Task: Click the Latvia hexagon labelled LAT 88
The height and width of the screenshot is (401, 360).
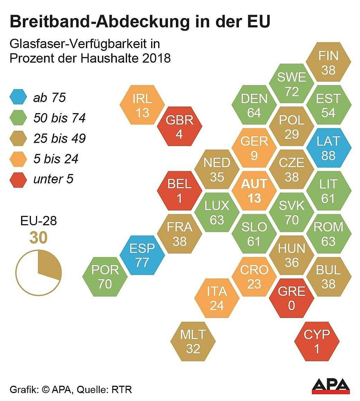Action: (x=328, y=148)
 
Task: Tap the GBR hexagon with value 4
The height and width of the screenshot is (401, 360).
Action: (x=179, y=127)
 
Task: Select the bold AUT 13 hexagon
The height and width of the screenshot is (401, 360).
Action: (x=254, y=191)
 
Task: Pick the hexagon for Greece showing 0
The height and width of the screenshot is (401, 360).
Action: (x=291, y=298)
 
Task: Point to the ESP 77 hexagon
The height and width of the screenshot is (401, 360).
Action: (x=142, y=255)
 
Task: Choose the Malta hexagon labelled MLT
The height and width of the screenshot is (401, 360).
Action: (x=193, y=341)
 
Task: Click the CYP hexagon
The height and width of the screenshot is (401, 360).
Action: (x=317, y=341)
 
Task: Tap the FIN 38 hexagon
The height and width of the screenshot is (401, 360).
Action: (x=328, y=62)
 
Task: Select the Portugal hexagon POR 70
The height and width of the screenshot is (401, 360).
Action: (x=105, y=277)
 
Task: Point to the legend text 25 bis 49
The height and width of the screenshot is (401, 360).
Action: (x=59, y=138)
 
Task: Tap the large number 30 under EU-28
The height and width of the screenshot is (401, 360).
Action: (x=38, y=238)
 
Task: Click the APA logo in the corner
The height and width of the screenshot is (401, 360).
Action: (x=331, y=386)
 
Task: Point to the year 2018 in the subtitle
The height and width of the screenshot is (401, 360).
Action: (x=156, y=58)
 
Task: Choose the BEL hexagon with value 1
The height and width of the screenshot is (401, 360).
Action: (x=179, y=191)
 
